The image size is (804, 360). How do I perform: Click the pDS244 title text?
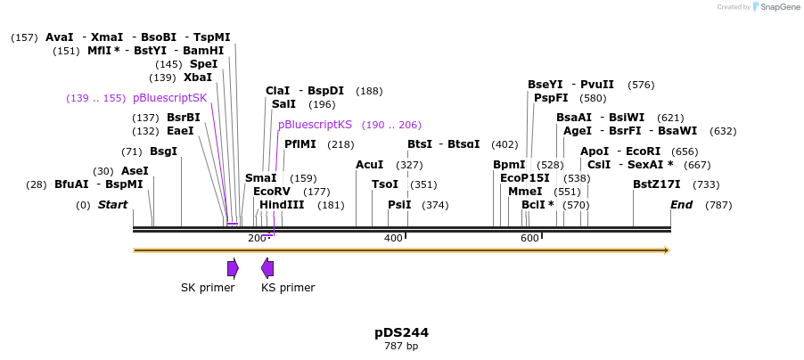(401, 332)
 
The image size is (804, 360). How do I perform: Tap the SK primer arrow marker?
(233, 268)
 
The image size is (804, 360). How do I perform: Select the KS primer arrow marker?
(267, 268)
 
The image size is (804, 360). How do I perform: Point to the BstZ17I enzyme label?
(656, 184)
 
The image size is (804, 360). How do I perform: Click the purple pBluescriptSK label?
(169, 98)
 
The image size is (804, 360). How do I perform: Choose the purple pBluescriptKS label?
(315, 125)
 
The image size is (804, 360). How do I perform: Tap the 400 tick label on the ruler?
(393, 238)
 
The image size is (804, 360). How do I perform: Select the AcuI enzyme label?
(369, 165)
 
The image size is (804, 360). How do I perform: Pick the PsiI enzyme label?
(399, 205)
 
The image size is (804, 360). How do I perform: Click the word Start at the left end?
(112, 205)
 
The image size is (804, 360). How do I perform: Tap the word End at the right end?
(681, 205)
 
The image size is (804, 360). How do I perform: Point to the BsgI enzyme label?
(163, 151)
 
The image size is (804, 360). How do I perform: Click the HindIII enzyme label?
(282, 205)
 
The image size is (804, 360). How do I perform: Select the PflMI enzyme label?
(300, 144)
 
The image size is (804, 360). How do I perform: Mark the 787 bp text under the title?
(401, 346)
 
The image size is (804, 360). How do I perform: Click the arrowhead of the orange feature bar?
(666, 250)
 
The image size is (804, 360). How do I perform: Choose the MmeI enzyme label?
(525, 192)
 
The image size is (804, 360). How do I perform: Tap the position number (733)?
(706, 184)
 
